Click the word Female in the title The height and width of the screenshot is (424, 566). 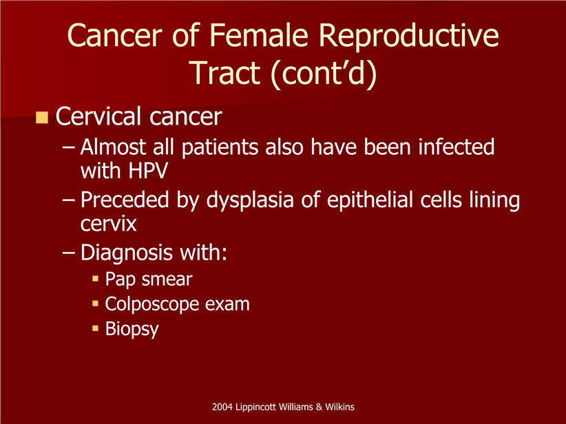tap(258, 35)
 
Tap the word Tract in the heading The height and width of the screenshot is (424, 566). tap(226, 72)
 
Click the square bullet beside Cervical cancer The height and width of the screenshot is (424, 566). tap(42, 117)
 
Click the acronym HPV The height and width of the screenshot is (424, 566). tap(148, 171)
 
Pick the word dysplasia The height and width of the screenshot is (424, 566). tap(249, 200)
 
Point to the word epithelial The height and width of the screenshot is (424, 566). tap(369, 200)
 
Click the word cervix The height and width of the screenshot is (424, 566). tap(109, 224)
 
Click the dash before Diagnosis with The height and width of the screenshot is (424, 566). tap(68, 253)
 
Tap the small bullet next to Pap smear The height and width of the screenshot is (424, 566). tap(95, 279)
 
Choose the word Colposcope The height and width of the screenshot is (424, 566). tap(152, 305)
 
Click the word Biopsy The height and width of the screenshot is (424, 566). tap(132, 330)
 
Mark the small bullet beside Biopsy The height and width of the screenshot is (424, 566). tap(95, 328)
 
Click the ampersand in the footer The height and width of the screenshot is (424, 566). tap(319, 407)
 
